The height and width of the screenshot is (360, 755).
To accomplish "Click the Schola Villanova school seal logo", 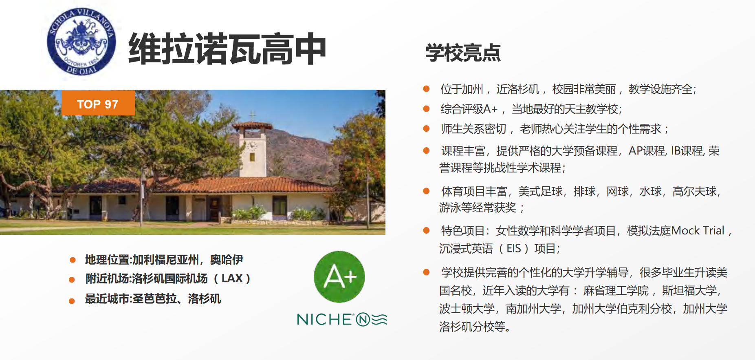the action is [81, 42].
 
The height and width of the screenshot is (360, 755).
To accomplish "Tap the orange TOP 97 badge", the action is [98, 103].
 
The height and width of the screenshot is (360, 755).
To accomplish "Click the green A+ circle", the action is [339, 277].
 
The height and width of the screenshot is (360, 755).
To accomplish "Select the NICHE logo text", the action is [342, 319].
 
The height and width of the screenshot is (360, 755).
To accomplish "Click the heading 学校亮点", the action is [463, 53].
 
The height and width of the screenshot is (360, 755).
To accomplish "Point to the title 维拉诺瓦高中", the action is [227, 49].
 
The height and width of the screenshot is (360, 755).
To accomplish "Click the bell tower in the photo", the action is [252, 149].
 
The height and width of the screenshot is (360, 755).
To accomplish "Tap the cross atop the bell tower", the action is [253, 115].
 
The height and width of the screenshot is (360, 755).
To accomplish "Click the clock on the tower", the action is [252, 145].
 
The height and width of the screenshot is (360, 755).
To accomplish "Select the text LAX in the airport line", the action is [232, 278].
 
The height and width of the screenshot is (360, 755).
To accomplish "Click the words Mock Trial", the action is [698, 231].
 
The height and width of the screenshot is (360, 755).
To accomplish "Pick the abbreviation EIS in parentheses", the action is [514, 248].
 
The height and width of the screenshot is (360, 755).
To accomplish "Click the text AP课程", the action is [647, 151].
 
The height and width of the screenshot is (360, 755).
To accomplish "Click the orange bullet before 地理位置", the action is [73, 260].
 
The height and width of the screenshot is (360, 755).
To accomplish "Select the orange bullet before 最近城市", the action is [72, 301].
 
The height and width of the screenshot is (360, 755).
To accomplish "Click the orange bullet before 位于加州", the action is [426, 88].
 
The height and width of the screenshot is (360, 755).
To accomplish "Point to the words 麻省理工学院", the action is [616, 291].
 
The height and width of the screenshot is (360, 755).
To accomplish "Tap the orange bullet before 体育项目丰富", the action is [426, 191].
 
